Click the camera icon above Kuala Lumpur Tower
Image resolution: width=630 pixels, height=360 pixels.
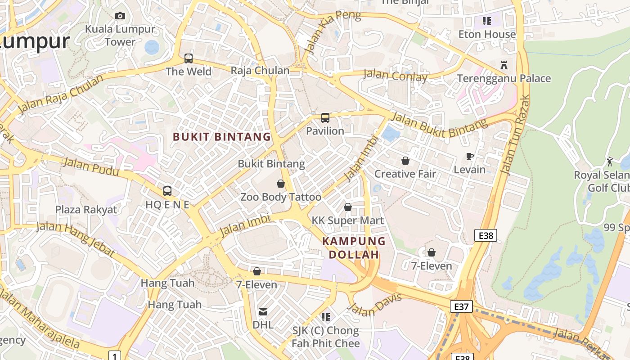(x=120, y=16)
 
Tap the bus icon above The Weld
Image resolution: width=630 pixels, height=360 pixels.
(x=189, y=58)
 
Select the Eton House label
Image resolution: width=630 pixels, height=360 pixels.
(x=487, y=35)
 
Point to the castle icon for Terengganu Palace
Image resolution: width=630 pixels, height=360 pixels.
(x=504, y=65)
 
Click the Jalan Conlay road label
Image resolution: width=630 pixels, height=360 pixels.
(x=395, y=76)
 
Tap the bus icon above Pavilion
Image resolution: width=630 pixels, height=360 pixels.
(x=325, y=118)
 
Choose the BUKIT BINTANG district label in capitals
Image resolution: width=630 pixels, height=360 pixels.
(x=222, y=137)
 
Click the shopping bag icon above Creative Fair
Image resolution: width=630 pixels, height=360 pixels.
(x=405, y=161)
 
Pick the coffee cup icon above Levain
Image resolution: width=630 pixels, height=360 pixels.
(x=470, y=157)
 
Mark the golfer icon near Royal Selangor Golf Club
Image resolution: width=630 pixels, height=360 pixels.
(x=610, y=162)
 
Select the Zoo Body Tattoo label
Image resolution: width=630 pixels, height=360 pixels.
(x=281, y=197)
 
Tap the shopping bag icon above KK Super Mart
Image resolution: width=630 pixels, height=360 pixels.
(x=348, y=207)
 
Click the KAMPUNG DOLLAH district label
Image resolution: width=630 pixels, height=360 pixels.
(x=354, y=248)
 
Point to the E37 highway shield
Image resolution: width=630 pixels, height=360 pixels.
(x=461, y=307)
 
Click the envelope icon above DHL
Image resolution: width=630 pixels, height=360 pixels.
(x=263, y=311)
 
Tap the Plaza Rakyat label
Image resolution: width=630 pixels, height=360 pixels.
(x=86, y=210)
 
